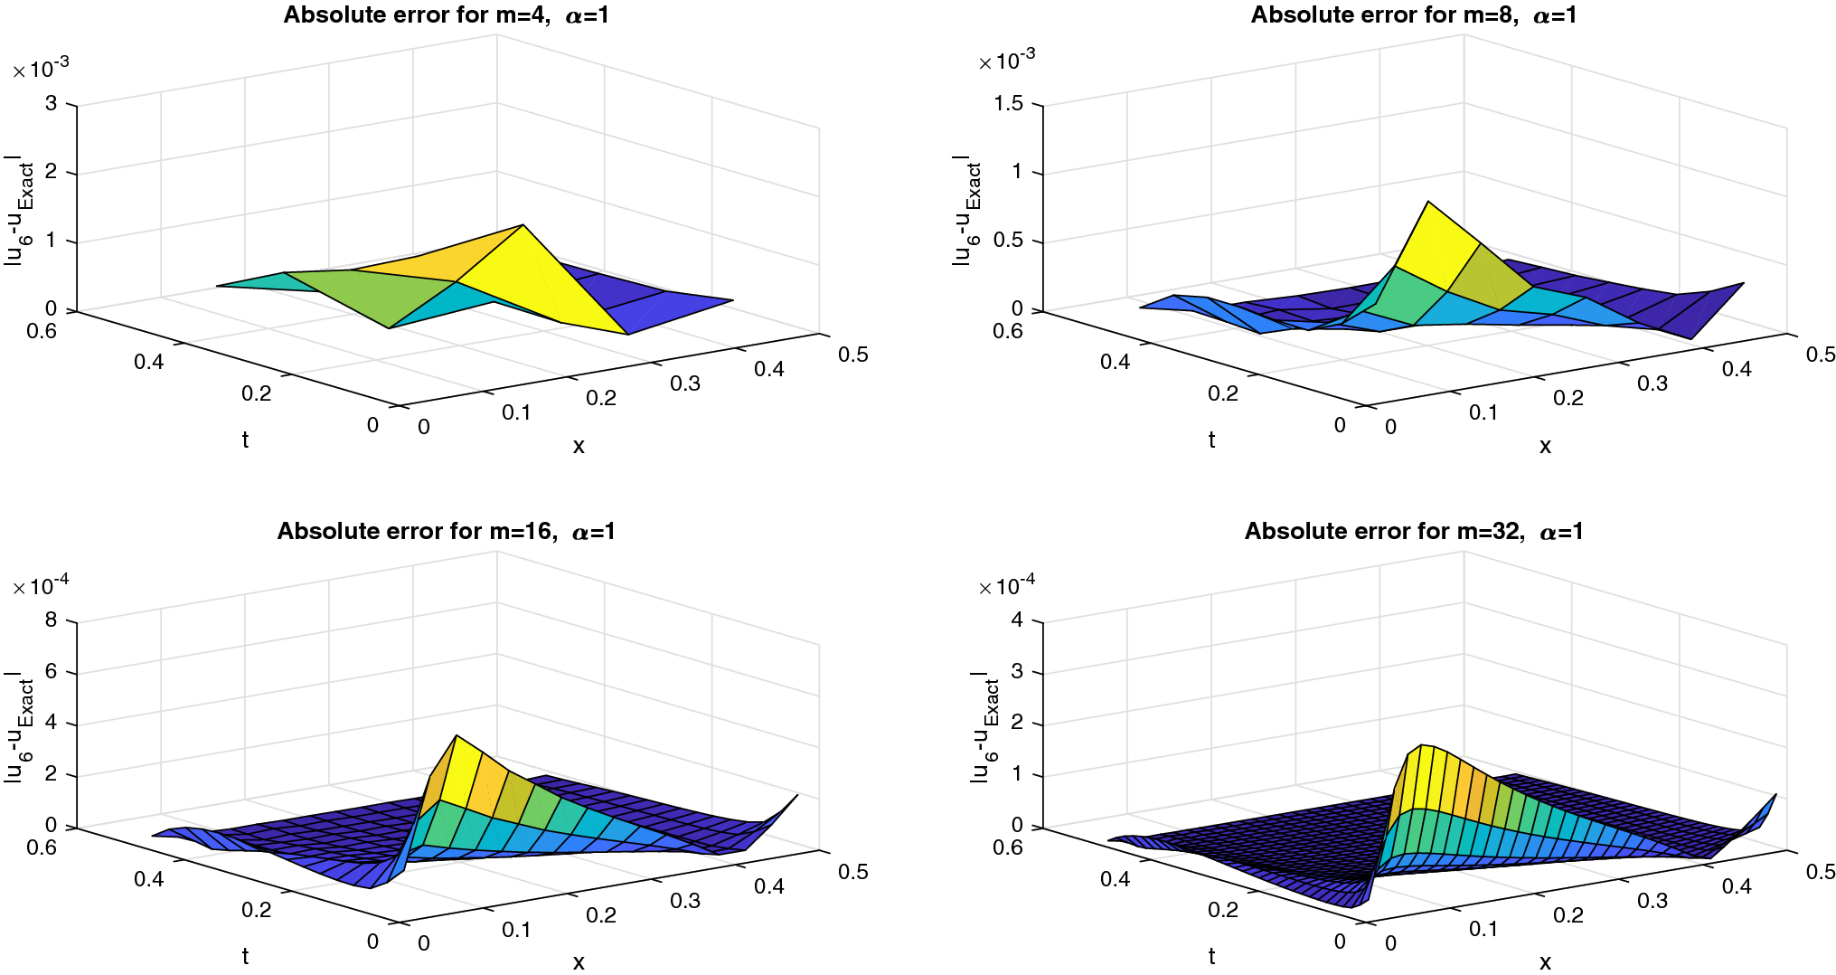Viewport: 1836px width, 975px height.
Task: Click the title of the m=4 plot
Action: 446,15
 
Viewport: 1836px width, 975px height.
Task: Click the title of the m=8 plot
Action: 1413,15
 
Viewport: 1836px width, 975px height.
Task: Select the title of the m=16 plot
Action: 446,532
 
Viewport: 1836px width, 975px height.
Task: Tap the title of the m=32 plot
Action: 1413,532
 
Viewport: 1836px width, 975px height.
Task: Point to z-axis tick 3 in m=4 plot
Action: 51,104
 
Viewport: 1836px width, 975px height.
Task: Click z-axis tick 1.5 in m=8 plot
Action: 1009,104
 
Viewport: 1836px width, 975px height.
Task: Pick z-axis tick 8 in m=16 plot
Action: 51,620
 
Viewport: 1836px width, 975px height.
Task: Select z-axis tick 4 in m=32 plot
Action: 1017,620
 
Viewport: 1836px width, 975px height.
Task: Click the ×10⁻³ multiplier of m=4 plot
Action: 41,68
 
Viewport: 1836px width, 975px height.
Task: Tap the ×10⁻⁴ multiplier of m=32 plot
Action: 1007,585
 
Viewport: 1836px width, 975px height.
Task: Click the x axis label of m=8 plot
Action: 1545,446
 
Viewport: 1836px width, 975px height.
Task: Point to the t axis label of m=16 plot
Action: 245,956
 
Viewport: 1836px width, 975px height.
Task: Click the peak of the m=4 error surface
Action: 523,226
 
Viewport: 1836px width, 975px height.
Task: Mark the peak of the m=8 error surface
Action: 1427,203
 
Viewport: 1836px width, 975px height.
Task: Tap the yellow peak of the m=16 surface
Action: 457,737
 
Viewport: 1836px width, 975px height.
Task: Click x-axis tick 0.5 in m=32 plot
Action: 1820,872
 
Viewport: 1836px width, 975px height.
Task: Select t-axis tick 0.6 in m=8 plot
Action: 1007,331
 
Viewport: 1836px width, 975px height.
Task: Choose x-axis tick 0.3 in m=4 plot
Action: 684,383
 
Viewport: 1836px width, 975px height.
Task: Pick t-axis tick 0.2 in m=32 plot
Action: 1222,910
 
